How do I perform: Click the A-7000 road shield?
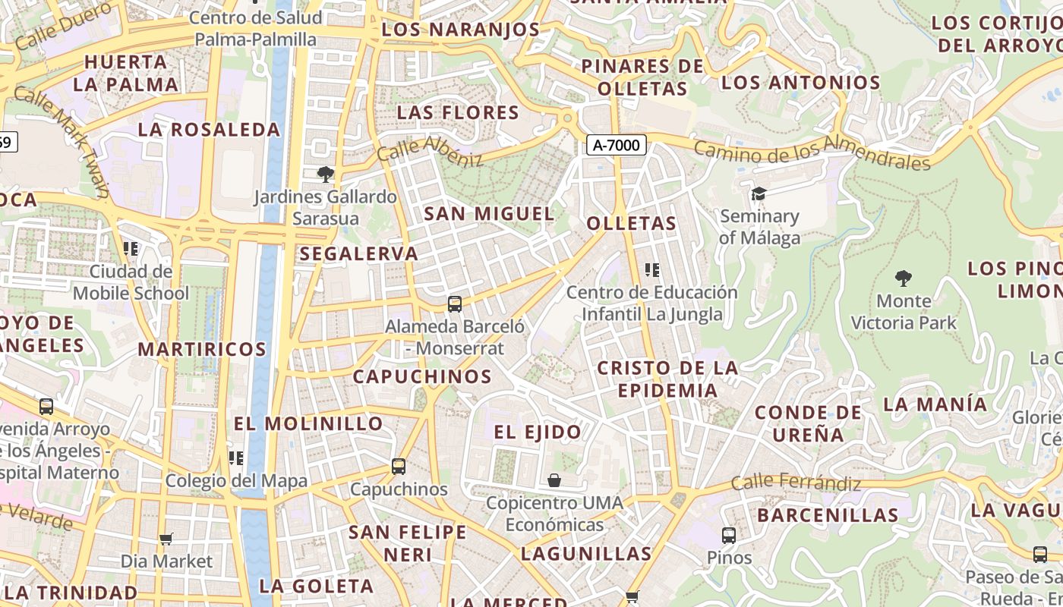pos(616,145)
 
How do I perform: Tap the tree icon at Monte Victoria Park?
pos(903,278)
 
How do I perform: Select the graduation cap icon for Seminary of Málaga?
pos(758,194)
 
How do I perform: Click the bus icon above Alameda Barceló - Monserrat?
pos(455,304)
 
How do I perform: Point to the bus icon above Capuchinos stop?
pos(399,467)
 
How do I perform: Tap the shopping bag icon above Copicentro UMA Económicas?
pos(554,480)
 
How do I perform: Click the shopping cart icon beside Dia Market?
pos(166,539)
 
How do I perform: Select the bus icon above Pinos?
pos(729,536)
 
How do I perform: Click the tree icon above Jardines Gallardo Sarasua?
pos(326,175)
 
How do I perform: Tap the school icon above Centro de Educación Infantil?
pos(651,269)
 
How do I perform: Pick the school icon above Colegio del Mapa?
pos(236,458)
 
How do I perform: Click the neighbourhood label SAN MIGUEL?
pos(489,214)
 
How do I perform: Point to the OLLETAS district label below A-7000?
pos(631,223)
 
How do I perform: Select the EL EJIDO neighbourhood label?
pos(538,432)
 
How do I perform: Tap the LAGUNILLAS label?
pos(586,554)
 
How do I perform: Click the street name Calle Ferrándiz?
pos(796,482)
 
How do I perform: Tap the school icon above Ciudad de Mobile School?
pos(131,248)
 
